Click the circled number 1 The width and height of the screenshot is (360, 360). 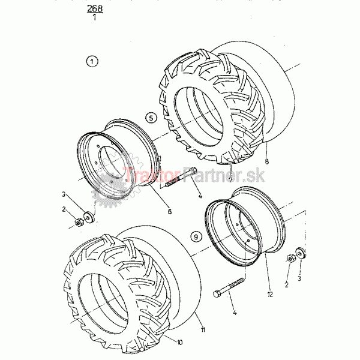(92, 62)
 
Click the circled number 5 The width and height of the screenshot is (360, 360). (151, 118)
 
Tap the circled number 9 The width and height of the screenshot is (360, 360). (196, 236)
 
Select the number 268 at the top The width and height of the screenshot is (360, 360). (95, 8)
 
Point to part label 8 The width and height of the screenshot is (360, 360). (266, 161)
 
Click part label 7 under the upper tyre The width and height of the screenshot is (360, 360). (231, 179)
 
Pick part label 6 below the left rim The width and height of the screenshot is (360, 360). (169, 211)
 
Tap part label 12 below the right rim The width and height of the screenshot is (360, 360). (270, 294)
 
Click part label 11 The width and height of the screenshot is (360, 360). (203, 329)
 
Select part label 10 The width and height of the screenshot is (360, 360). (179, 343)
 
